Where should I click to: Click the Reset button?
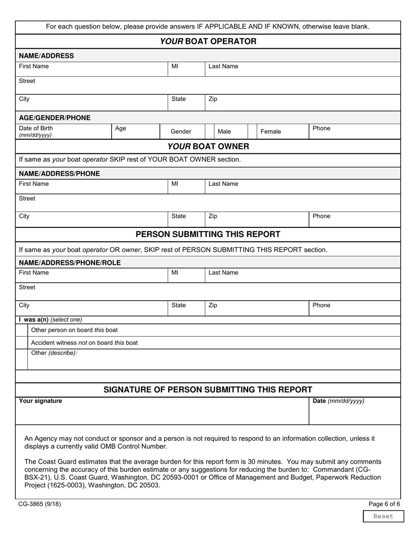click(383, 516)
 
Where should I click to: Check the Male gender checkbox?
click(210, 131)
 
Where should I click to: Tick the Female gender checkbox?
click(252, 131)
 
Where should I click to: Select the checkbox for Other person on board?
click(22, 330)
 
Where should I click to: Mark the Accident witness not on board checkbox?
click(22, 343)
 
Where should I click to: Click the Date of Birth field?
click(63, 131)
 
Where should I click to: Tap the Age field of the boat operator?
click(135, 131)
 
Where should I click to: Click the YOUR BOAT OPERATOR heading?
click(208, 42)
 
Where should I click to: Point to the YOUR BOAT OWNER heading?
click(208, 146)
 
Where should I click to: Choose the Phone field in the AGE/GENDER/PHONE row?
click(354, 131)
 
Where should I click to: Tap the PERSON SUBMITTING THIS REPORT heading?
click(208, 234)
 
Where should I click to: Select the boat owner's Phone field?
click(354, 219)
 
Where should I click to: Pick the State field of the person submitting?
click(186, 308)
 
